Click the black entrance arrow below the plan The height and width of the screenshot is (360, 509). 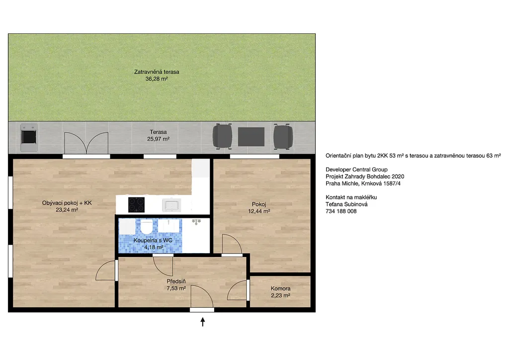point(203,322)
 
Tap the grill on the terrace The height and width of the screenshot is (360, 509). point(29,137)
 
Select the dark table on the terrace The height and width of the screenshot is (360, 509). point(251,137)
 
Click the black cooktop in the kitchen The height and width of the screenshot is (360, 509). point(136,204)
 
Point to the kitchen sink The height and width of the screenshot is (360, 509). point(171,205)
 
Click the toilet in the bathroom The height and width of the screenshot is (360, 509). point(146,226)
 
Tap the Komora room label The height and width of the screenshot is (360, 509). point(280,288)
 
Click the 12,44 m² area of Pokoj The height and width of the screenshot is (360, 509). point(259,211)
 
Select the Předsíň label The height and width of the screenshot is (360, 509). point(176,281)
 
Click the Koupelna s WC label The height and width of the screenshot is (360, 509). point(153,240)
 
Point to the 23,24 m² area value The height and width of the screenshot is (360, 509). point(67,210)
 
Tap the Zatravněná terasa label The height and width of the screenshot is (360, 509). point(157,72)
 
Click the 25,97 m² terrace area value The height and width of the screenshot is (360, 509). point(158,139)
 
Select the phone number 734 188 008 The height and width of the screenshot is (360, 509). point(341,211)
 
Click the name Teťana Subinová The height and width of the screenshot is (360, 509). point(346,204)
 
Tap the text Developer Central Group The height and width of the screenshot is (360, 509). point(356,170)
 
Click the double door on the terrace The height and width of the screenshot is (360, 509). point(86,143)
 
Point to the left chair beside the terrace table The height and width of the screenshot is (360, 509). point(222,136)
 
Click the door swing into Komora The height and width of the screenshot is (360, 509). point(237,290)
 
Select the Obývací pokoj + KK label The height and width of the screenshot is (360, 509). point(67,203)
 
